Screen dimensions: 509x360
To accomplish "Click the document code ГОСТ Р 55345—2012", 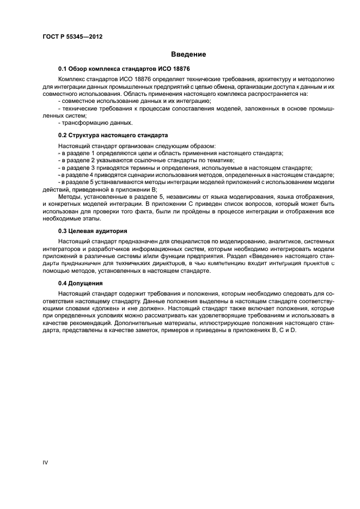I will point(72,36).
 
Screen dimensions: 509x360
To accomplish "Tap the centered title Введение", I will point(188,54).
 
